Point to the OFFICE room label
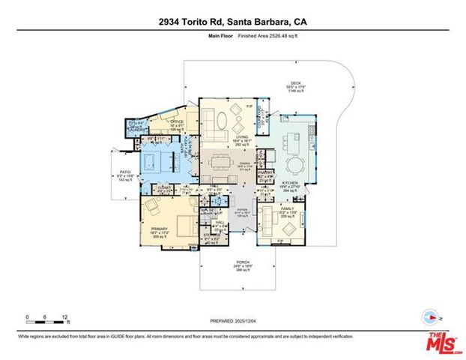tap(177, 121)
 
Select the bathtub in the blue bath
tap(158, 161)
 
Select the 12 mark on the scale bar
tap(66, 317)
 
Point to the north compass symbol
tap(429, 314)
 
